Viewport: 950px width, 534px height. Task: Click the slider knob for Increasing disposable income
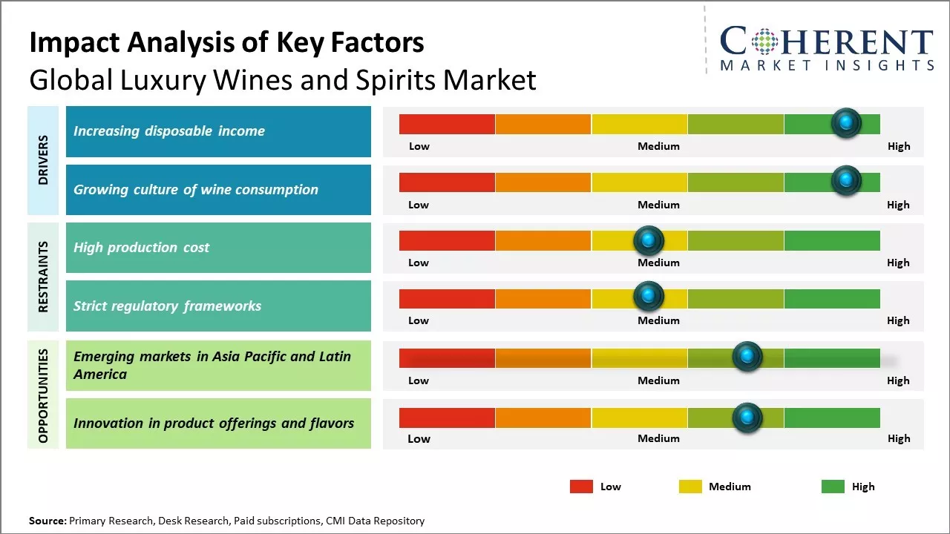coord(846,122)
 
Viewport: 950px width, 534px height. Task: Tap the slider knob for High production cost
coord(649,240)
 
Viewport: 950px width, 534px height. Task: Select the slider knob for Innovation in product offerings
coord(747,418)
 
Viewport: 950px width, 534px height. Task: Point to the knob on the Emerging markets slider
coord(747,357)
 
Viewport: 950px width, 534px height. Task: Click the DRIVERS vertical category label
coord(43,160)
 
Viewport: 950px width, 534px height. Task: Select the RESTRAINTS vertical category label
coord(43,277)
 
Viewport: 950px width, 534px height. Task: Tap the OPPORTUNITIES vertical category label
coord(43,395)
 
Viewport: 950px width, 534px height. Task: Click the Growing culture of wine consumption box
coord(218,190)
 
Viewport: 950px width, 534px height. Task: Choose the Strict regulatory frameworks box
coord(218,306)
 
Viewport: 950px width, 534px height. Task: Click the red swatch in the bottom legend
coord(581,487)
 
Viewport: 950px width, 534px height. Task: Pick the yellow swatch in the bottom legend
coord(690,487)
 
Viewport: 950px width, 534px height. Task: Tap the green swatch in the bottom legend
coord(833,487)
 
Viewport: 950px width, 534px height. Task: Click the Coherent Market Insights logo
coord(827,47)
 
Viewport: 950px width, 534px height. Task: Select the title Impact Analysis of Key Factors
coord(226,42)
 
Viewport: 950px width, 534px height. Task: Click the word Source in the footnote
coord(47,521)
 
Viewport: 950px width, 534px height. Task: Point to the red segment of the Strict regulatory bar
coord(447,299)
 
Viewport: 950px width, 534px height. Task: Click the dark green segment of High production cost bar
coord(831,240)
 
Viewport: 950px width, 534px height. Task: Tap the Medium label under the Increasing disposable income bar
coord(658,146)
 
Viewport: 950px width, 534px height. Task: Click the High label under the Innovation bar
coord(898,438)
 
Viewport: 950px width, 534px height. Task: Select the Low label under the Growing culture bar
coord(419,205)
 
